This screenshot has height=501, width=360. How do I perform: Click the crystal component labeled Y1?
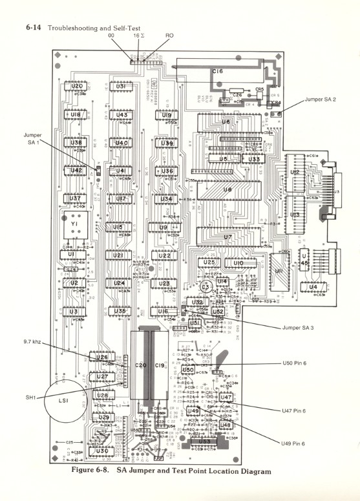pos(74,223)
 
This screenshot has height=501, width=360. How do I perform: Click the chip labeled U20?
pos(77,86)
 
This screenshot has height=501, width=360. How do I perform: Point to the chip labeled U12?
pos(294,173)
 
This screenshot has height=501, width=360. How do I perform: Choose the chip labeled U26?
pos(101,357)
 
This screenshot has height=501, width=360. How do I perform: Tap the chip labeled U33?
pos(254,158)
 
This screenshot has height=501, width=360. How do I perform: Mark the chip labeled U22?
pos(165,256)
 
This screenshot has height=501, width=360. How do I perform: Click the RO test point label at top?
pos(169,36)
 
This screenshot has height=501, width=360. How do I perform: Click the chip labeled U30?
pos(102,451)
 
